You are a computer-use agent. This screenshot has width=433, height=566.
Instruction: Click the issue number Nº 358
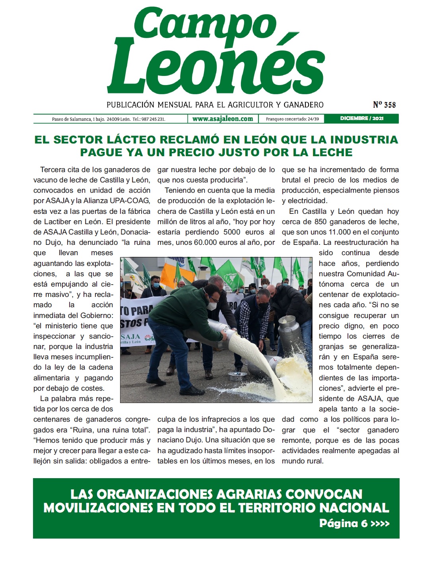(384, 105)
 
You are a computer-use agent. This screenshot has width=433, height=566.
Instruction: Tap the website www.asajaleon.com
(223, 119)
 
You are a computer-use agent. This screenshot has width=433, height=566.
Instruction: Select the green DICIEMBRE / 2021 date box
(361, 118)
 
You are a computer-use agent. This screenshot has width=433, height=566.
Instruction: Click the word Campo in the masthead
(205, 25)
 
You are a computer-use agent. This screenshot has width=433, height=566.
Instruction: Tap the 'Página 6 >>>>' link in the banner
(354, 523)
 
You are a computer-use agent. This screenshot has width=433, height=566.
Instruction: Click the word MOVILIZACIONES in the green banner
(98, 508)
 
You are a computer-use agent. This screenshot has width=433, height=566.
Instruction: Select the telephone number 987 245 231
(154, 119)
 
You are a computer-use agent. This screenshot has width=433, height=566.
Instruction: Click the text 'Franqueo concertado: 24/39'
(292, 119)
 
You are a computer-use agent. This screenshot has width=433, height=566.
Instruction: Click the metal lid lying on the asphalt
(238, 375)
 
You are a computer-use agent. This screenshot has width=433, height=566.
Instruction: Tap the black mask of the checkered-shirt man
(263, 306)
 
